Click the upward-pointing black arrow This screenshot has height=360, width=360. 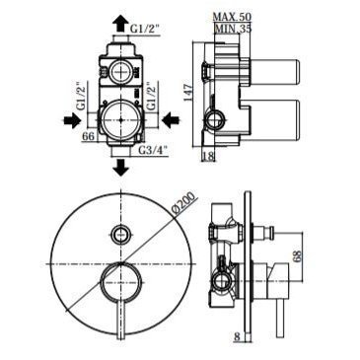pyautogui.click(x=120, y=23)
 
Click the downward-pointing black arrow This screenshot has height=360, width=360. pyautogui.click(x=120, y=168)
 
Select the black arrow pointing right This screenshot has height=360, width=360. pyautogui.click(x=72, y=120)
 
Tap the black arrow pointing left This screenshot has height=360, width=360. pyautogui.click(x=171, y=120)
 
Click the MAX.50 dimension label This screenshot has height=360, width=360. pyautogui.click(x=232, y=17)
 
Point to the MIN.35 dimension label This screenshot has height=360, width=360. pyautogui.click(x=233, y=29)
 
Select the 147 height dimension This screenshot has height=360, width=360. pyautogui.click(x=189, y=93)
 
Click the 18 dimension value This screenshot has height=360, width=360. pyautogui.click(x=208, y=156)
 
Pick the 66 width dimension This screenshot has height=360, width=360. pyautogui.click(x=88, y=136)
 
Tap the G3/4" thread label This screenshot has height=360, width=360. pyautogui.click(x=153, y=151)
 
